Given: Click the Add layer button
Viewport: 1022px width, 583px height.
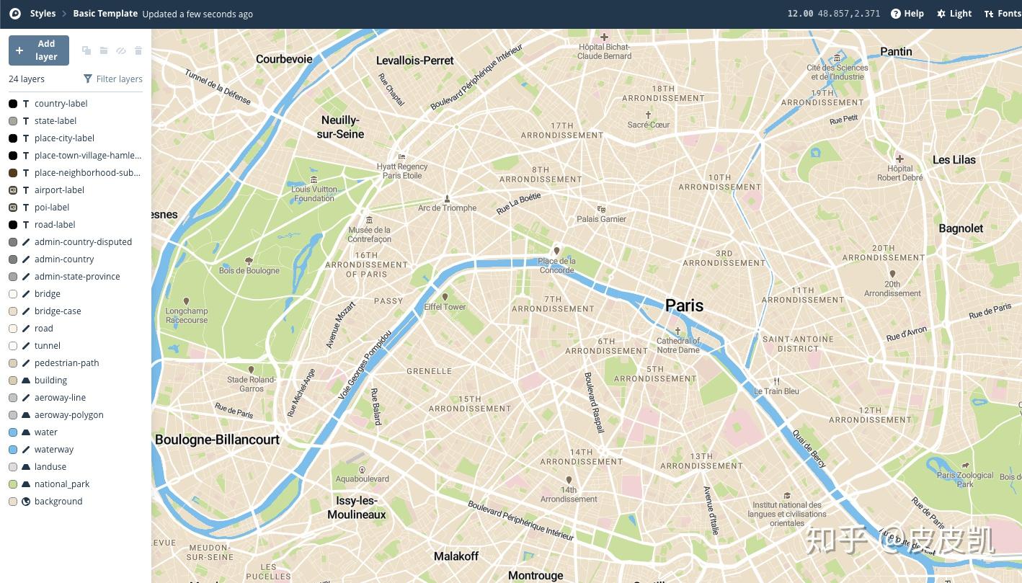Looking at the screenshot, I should (x=39, y=50).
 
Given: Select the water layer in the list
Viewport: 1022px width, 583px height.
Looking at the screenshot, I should (x=46, y=432).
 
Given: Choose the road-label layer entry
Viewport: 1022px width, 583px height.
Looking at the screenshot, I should (x=55, y=225).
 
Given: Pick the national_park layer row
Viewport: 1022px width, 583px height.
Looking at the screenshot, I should (x=62, y=484).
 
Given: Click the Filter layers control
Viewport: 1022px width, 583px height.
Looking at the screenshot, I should (x=112, y=79).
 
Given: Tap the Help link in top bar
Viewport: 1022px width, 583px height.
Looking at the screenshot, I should (x=907, y=14).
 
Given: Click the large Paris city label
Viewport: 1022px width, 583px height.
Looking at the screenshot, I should (x=684, y=306).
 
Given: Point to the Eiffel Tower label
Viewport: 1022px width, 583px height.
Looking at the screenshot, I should (x=445, y=307).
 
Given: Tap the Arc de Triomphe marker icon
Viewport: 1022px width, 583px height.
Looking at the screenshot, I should (x=447, y=198).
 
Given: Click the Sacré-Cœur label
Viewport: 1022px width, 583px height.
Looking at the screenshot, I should (x=648, y=125).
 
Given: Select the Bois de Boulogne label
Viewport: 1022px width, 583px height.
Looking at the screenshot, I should (x=249, y=271).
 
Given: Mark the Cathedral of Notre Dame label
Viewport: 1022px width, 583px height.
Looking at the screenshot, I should (x=677, y=345).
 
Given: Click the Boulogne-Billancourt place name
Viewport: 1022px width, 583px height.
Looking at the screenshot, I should (x=217, y=440).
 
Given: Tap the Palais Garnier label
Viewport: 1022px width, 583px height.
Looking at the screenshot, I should (x=601, y=219).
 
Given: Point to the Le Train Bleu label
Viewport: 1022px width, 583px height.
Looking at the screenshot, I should (x=776, y=391).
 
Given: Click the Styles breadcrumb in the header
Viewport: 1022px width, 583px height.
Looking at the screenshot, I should (x=43, y=14).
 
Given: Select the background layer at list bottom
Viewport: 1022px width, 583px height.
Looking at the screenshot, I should (x=58, y=502).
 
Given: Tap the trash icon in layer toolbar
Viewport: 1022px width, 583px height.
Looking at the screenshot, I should (x=138, y=50).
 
